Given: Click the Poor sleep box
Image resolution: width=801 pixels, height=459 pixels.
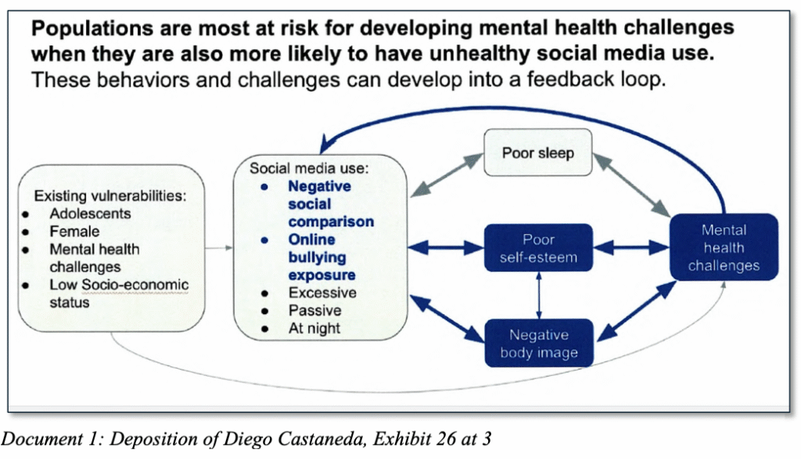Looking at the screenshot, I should click(x=537, y=152).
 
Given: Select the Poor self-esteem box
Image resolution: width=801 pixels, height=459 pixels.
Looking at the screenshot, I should click(x=537, y=248).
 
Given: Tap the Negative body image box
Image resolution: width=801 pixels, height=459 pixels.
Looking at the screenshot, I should click(x=537, y=343).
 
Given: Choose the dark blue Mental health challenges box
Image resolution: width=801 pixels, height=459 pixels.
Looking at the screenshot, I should click(x=723, y=248).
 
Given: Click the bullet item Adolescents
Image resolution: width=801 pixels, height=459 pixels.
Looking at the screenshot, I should click(x=90, y=213).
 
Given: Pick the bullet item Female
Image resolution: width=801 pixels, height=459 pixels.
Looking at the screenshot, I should click(x=74, y=231).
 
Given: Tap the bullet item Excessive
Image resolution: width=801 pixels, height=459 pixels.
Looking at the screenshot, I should click(x=322, y=293).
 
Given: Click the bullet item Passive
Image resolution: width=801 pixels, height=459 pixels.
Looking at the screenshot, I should click(x=314, y=311).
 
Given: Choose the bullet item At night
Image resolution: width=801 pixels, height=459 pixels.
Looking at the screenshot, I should click(x=314, y=329).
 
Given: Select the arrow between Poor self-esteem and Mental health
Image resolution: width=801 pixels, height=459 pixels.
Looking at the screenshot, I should click(x=630, y=248).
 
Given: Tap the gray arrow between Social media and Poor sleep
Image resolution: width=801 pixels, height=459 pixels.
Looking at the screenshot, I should click(x=448, y=173).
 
